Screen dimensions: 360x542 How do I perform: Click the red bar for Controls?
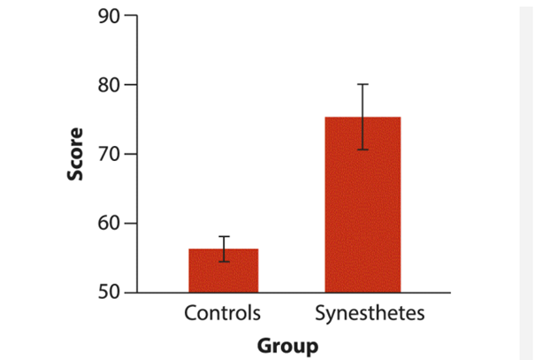(223, 271)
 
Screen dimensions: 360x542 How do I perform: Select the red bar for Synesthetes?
(363, 204)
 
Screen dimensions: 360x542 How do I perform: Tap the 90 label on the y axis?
(109, 16)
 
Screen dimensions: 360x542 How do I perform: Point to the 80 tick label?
(109, 85)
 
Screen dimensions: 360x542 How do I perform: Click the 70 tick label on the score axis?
(109, 154)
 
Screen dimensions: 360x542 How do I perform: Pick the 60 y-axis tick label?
(109, 223)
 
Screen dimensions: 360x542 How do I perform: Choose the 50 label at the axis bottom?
(109, 292)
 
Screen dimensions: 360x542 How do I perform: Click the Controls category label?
(223, 313)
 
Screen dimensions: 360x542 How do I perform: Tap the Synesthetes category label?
(370, 313)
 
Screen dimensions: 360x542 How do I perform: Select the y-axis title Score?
(76, 154)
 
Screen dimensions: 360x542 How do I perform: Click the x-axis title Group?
(287, 344)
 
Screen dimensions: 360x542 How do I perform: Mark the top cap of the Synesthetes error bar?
(363, 84)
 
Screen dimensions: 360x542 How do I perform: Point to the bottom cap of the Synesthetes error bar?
(363, 149)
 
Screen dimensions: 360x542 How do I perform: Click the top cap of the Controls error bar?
(224, 237)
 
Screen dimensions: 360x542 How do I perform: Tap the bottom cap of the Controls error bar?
(224, 262)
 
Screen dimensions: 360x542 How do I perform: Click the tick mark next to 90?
(130, 16)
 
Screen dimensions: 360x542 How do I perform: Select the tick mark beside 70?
(130, 154)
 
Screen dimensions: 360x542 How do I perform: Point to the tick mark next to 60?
(130, 223)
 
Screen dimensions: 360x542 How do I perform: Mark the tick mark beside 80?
(130, 85)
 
